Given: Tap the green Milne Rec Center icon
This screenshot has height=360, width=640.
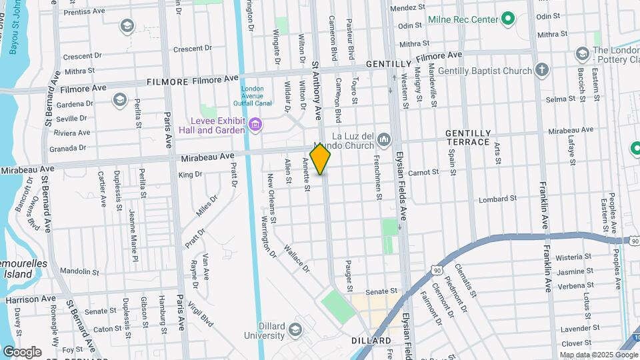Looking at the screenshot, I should tap(508, 19).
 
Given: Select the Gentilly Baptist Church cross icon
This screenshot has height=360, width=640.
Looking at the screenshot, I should tap(542, 70).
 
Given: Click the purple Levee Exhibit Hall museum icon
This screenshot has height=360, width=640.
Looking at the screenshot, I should tap(254, 124).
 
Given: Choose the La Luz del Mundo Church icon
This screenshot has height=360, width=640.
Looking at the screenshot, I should tap(383, 139).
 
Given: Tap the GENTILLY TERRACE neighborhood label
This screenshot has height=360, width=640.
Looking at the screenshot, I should tap(468, 137).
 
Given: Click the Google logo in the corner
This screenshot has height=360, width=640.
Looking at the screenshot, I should tap(22, 351).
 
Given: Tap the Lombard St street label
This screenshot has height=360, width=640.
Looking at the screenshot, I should tap(498, 199).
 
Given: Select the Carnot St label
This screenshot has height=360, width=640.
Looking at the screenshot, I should tap(423, 172).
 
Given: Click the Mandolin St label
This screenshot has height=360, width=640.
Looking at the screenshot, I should tap(79, 272).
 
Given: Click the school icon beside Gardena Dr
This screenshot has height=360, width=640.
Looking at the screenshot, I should tap(120, 100).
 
